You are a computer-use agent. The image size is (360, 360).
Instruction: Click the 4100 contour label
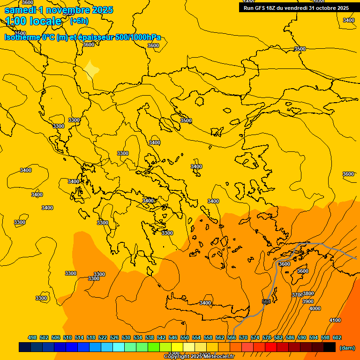point(335,320)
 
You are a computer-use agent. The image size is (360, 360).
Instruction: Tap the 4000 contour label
point(315,308)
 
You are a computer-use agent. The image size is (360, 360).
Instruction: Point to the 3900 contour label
point(308,301)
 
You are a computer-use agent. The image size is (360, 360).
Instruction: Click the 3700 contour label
point(297,295)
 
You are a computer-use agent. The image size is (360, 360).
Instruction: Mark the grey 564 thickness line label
point(266,302)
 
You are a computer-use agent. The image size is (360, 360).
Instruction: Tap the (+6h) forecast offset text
point(79,21)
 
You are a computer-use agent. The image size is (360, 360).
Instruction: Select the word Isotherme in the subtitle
point(22,37)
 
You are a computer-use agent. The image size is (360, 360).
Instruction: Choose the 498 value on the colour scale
point(32,337)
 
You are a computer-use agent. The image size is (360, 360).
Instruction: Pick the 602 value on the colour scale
point(337,337)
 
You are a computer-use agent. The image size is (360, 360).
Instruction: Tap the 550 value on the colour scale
point(185,337)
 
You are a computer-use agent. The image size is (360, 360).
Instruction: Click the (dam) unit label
point(347,348)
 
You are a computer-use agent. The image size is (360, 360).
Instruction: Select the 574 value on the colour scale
point(255,337)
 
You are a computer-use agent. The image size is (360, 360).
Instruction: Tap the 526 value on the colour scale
point(114,337)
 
